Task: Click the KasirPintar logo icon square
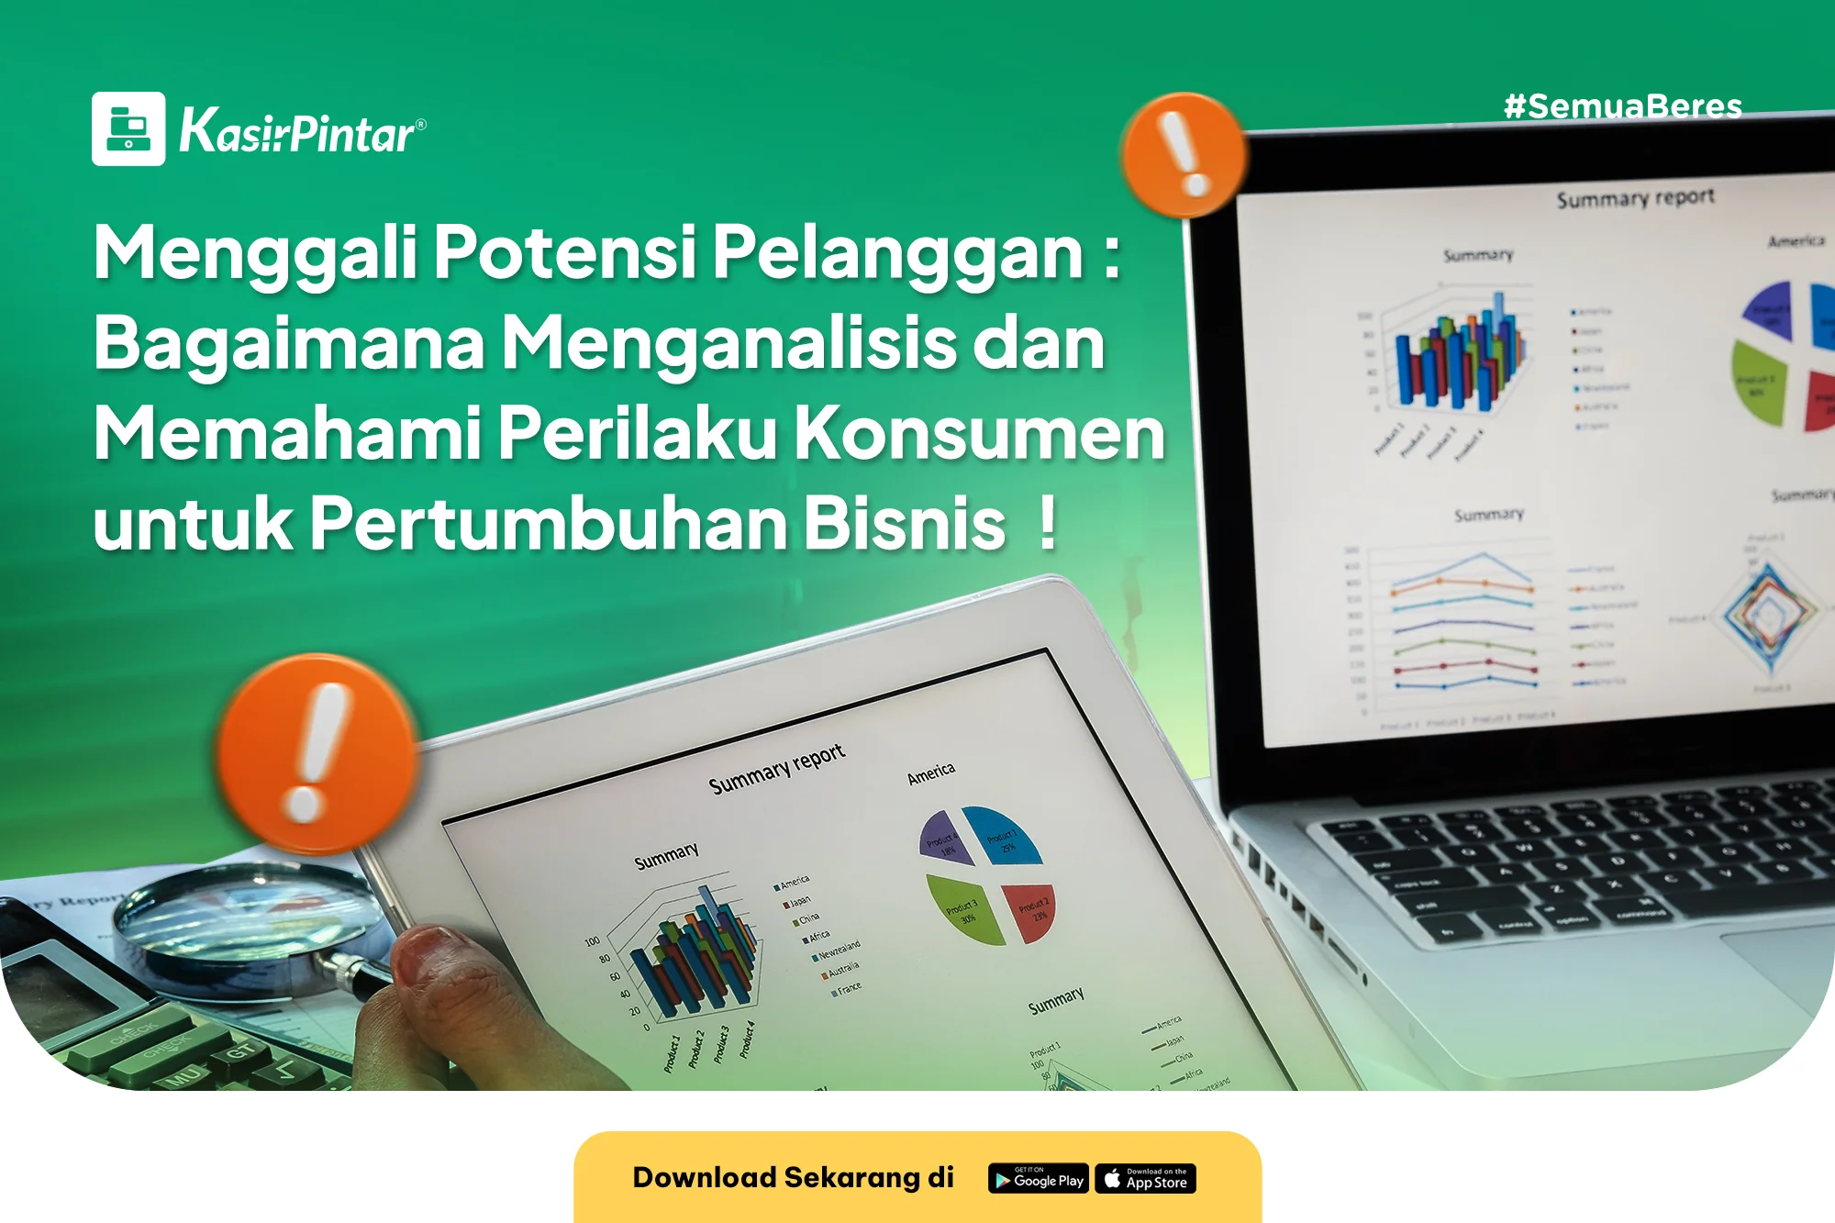(x=128, y=128)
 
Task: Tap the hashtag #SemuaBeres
(x=1622, y=106)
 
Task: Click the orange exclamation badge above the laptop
(x=1184, y=154)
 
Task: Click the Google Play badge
(x=1038, y=1179)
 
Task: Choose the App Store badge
(x=1145, y=1179)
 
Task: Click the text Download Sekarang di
(x=793, y=1177)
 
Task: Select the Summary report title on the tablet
(x=776, y=770)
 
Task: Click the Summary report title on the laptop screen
(x=1635, y=198)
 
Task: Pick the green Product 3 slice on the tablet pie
(x=964, y=907)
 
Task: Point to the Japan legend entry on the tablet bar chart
(x=798, y=901)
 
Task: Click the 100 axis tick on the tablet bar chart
(x=592, y=941)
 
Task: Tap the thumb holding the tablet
(x=436, y=963)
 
